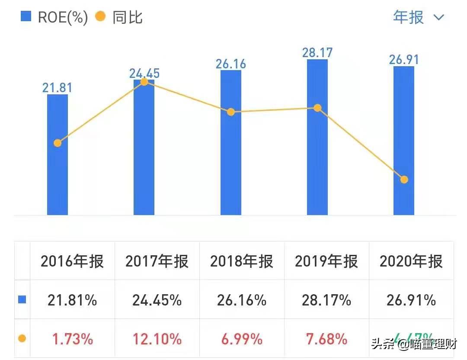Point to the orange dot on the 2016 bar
click(x=58, y=143)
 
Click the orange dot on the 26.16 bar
click(x=231, y=112)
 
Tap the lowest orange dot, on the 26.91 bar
click(x=404, y=179)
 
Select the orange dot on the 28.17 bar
click(x=317, y=108)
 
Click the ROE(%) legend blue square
click(x=26, y=17)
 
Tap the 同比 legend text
click(x=127, y=17)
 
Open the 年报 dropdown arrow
click(x=438, y=17)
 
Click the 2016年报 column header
click(x=72, y=261)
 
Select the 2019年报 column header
click(x=326, y=261)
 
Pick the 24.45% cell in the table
click(x=157, y=300)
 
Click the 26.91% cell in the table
click(x=411, y=300)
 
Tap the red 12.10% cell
click(x=157, y=339)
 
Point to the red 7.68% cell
click(x=326, y=339)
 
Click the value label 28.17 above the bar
click(x=317, y=53)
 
